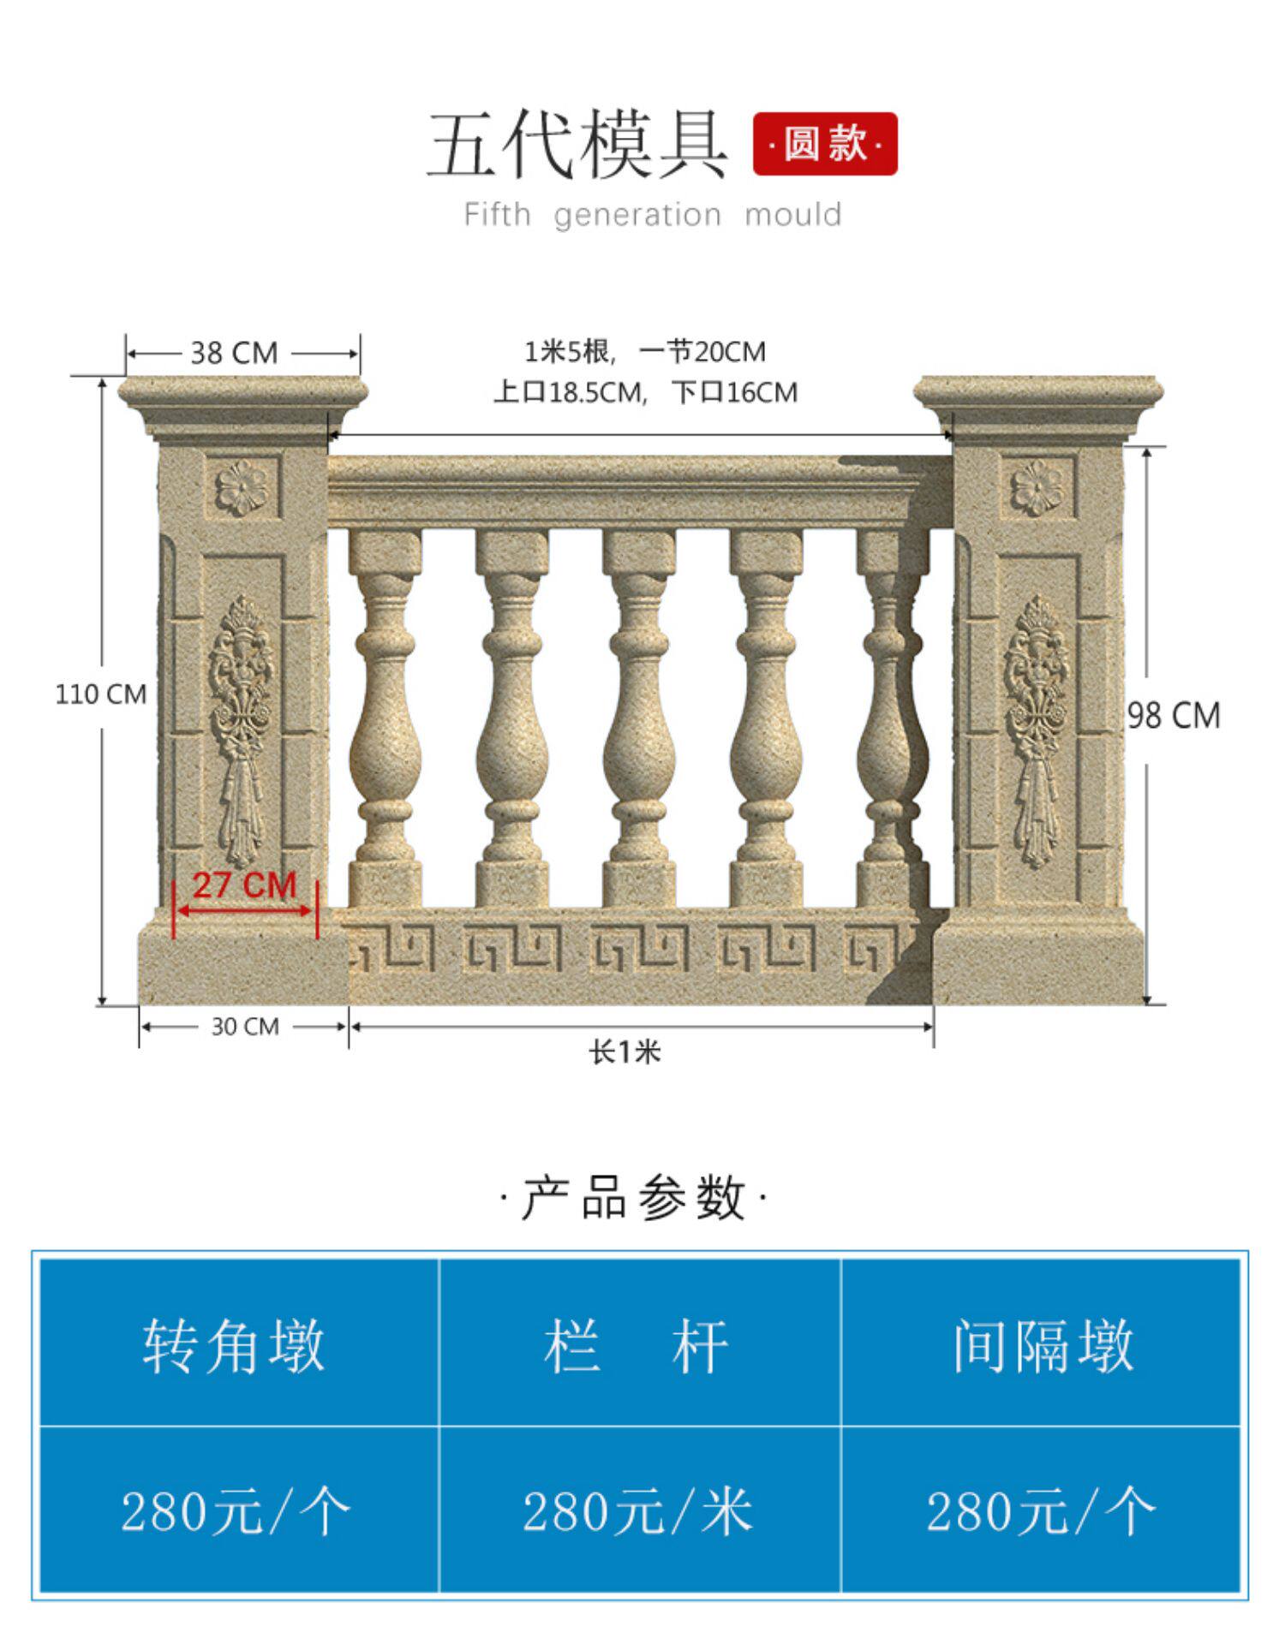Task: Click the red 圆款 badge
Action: click(824, 144)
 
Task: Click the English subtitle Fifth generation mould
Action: click(652, 214)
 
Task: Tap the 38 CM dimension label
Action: click(234, 353)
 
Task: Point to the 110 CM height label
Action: click(101, 694)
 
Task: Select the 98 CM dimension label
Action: click(1173, 715)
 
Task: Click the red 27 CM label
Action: click(244, 885)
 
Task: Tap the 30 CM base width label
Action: click(245, 1027)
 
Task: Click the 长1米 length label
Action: click(625, 1052)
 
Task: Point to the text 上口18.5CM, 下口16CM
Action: click(645, 393)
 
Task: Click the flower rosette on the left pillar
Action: click(242, 488)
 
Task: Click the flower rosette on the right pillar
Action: click(1037, 488)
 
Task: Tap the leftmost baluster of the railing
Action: click(385, 719)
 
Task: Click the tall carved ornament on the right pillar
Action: click(1037, 732)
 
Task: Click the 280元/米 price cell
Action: click(638, 1511)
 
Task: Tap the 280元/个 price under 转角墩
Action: click(236, 1511)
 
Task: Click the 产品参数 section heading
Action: click(633, 1198)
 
